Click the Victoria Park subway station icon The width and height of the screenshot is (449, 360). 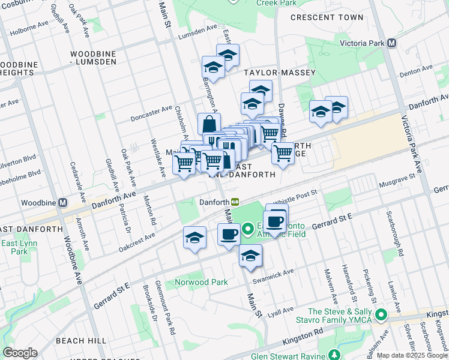391,43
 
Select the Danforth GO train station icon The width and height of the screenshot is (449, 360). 236,202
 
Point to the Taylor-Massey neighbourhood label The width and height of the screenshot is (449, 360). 280,73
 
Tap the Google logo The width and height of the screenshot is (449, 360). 20,352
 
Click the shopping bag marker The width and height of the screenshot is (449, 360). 209,125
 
